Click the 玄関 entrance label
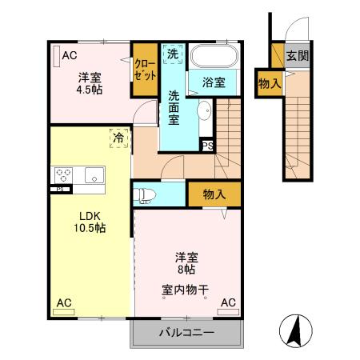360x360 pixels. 298,56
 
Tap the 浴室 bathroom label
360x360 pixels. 213,82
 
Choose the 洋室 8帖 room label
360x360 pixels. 187,264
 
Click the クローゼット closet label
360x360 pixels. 145,70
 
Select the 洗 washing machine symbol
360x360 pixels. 173,54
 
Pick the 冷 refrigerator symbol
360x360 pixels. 118,138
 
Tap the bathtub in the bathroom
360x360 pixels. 214,57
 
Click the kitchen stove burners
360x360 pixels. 64,175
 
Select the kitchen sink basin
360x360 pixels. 94,175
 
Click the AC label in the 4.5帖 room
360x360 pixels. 69,55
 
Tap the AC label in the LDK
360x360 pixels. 63,303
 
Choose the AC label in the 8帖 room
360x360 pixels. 228,303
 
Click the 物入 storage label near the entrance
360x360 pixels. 270,83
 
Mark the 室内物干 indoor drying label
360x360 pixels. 187,290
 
